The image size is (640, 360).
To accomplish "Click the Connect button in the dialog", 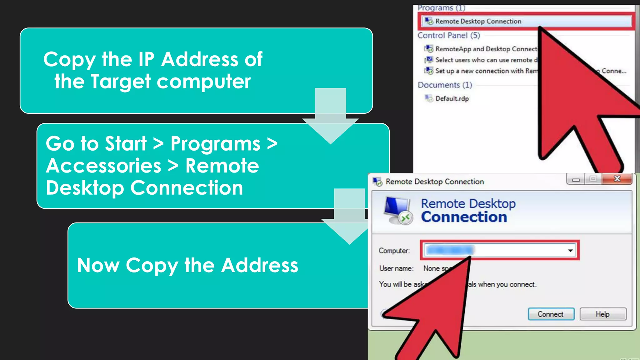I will pyautogui.click(x=551, y=314).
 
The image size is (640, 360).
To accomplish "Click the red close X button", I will pyautogui.click(x=617, y=179).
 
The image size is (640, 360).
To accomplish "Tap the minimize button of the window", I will pyautogui.click(x=576, y=179).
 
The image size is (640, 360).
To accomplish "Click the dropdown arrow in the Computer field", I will pyautogui.click(x=570, y=250).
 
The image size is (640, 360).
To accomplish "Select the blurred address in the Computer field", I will pyautogui.click(x=450, y=250).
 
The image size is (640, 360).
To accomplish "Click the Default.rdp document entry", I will pyautogui.click(x=452, y=99).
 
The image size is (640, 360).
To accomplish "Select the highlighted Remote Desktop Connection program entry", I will pyautogui.click(x=478, y=21).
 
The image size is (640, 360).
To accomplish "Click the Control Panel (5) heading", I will pyautogui.click(x=448, y=35).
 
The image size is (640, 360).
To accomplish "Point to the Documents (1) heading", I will pyautogui.click(x=445, y=85).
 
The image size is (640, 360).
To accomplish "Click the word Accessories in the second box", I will pyautogui.click(x=103, y=166).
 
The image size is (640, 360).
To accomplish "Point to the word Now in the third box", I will pyautogui.click(x=98, y=265).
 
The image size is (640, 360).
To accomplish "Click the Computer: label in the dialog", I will pyautogui.click(x=394, y=251).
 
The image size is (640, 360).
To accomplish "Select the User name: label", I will pyautogui.click(x=396, y=268).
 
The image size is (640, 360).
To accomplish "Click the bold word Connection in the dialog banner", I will pyautogui.click(x=464, y=217).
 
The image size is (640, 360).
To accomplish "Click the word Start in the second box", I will pyautogui.click(x=126, y=144).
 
